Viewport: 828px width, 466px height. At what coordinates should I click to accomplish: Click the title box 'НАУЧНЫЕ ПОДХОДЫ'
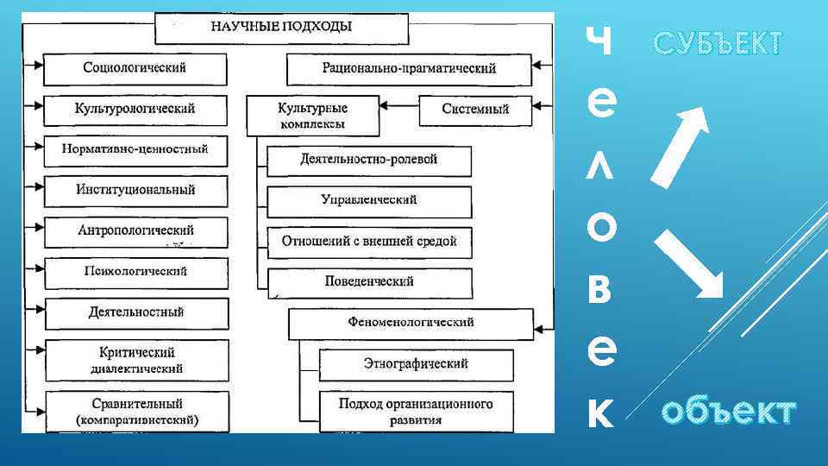pyautogui.click(x=281, y=27)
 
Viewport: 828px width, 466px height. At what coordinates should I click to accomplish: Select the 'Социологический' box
pyautogui.click(x=135, y=68)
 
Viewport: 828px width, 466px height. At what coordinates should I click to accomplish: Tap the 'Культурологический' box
pyautogui.click(x=135, y=110)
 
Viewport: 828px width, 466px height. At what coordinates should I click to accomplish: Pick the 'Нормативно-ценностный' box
pyautogui.click(x=135, y=149)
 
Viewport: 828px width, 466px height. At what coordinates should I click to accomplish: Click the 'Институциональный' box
pyautogui.click(x=135, y=190)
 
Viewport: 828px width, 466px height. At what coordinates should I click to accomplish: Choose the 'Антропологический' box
pyautogui.click(x=135, y=231)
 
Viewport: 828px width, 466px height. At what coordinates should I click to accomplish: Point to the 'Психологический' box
pyautogui.click(x=135, y=272)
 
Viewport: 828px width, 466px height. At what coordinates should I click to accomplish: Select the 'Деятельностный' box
pyautogui.click(x=135, y=312)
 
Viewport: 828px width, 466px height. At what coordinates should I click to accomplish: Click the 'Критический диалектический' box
pyautogui.click(x=135, y=360)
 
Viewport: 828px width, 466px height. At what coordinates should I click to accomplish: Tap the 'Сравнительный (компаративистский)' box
pyautogui.click(x=135, y=412)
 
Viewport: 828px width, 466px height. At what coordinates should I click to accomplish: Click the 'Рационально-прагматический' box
pyautogui.click(x=409, y=68)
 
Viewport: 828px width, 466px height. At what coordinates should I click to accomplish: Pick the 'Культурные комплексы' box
pyautogui.click(x=312, y=116)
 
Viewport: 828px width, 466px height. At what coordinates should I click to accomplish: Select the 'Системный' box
pyautogui.click(x=475, y=110)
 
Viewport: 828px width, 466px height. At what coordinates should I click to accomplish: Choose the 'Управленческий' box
pyautogui.click(x=369, y=200)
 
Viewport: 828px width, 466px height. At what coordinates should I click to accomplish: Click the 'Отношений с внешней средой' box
pyautogui.click(x=369, y=242)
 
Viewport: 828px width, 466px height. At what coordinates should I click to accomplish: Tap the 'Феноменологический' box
pyautogui.click(x=411, y=323)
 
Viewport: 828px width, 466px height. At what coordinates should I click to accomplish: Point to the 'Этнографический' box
pyautogui.click(x=416, y=364)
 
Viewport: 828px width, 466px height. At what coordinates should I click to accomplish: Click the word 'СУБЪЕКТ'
pyautogui.click(x=718, y=43)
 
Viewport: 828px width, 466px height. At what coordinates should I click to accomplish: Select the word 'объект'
pyautogui.click(x=729, y=412)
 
